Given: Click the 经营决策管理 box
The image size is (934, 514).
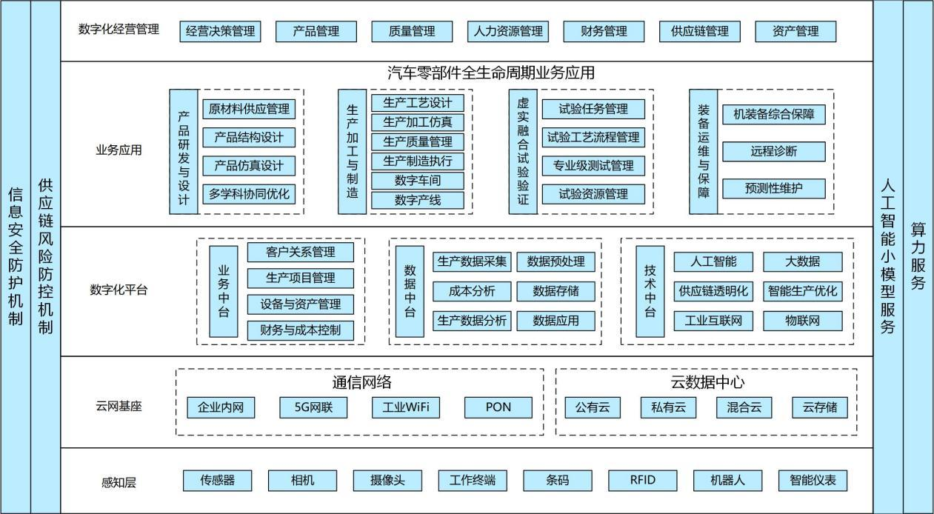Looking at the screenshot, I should [x=220, y=31].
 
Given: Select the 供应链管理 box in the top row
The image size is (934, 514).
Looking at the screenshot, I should [x=699, y=31].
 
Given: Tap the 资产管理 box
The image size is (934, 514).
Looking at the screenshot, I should [x=795, y=31].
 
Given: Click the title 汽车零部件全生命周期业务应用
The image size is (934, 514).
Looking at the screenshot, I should [x=490, y=73].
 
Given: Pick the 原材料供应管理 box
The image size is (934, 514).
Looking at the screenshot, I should [x=249, y=109].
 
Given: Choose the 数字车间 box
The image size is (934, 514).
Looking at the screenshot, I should [x=418, y=181].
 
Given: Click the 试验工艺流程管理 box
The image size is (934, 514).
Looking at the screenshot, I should [x=593, y=137].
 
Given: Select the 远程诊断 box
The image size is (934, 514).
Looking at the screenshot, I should [x=773, y=151].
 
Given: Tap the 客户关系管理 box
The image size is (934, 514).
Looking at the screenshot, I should [x=300, y=252].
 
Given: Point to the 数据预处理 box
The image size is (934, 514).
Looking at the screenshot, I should [x=556, y=261].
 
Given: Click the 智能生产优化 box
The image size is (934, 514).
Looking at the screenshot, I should [x=803, y=291].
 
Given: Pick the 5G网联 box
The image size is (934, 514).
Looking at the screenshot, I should [x=313, y=407].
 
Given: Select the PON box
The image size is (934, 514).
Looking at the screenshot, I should [x=498, y=407].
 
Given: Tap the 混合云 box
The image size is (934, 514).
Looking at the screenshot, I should [x=744, y=407].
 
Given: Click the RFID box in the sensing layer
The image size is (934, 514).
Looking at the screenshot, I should [x=642, y=480].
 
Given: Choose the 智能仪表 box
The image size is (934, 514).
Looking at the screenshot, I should [x=812, y=480].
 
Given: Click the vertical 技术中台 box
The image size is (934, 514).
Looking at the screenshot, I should [x=650, y=291].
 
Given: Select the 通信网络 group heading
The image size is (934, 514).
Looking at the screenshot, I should [x=361, y=382].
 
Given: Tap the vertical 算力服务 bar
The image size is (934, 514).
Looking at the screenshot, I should [x=918, y=256].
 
